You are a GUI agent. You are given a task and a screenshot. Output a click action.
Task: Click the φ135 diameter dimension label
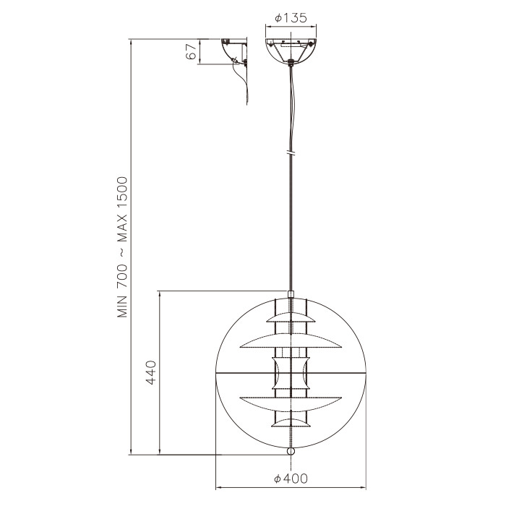click(x=291, y=19)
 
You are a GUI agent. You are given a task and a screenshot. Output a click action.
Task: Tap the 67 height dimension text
click(x=192, y=52)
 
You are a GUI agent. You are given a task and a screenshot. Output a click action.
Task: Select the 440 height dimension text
click(x=151, y=373)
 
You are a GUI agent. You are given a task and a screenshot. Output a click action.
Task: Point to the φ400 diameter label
click(x=291, y=479)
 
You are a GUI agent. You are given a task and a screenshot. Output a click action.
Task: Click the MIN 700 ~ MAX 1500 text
click(x=122, y=246)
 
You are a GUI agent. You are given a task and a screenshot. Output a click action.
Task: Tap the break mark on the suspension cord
click(x=291, y=154)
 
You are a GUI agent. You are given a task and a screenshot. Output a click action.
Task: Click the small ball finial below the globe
click(x=291, y=450)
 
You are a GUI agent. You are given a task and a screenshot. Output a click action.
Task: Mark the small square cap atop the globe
click(x=291, y=294)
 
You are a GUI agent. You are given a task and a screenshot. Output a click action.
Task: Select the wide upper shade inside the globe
click(x=291, y=339)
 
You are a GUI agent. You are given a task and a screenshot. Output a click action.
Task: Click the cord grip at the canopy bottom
click(x=291, y=63)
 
